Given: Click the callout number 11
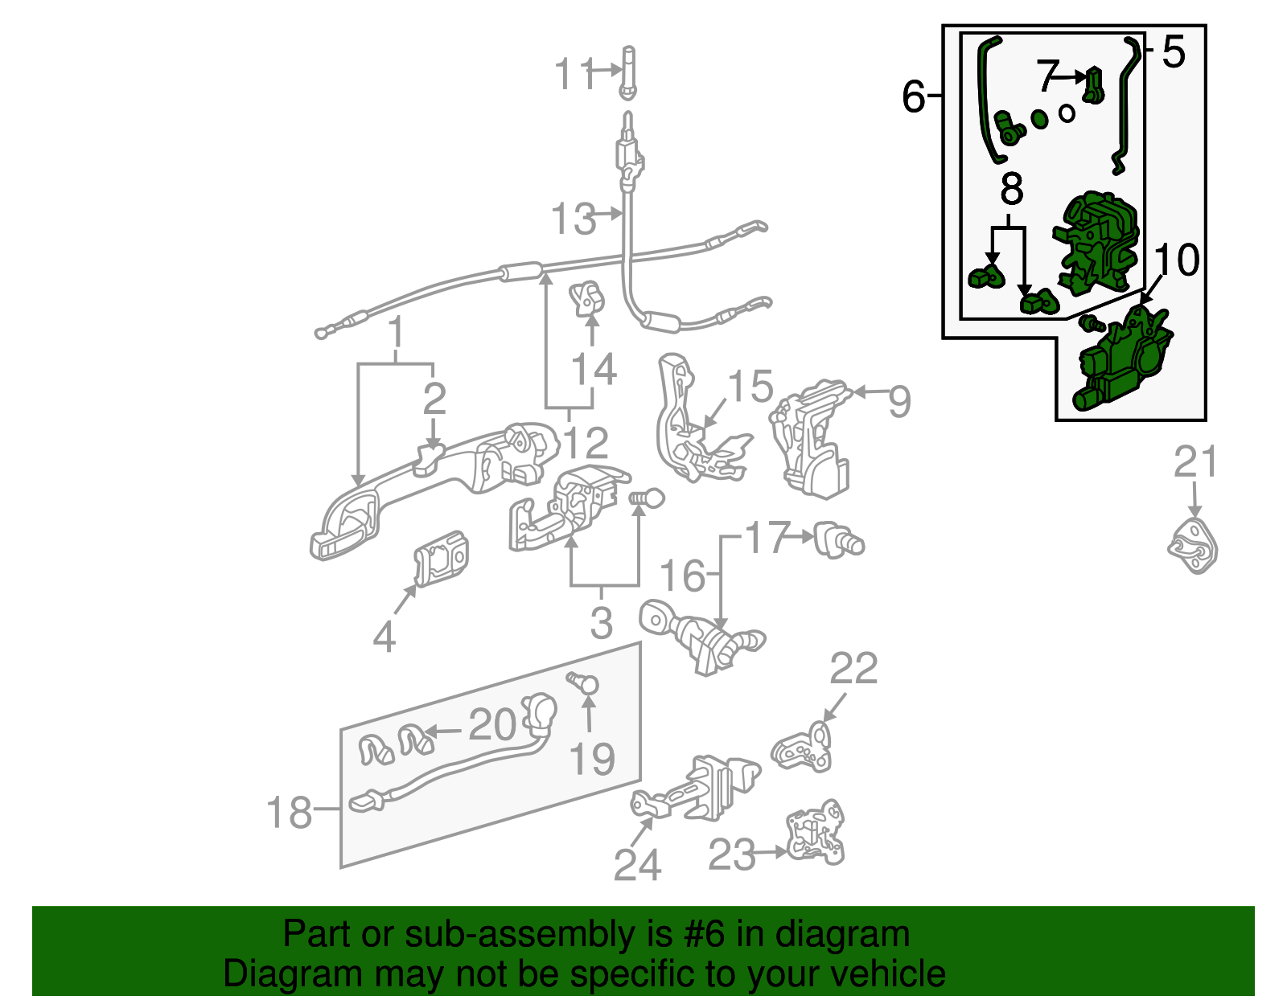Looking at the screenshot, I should (574, 74).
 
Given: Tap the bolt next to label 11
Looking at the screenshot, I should (627, 72).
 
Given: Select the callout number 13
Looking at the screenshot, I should (574, 219).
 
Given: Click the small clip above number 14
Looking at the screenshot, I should (588, 299).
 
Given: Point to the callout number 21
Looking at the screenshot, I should (1195, 462).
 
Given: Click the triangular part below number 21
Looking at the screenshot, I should (1193, 546).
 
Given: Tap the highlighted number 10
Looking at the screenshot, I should (1177, 259).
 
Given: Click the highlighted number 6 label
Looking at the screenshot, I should (914, 96).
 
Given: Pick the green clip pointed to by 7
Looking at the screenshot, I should (1092, 85).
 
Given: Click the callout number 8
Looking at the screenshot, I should (1011, 189).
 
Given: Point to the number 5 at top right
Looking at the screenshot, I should (1174, 51).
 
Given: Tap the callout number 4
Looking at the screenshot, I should (384, 637).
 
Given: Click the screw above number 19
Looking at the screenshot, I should (584, 683).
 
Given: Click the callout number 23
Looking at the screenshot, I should (732, 854).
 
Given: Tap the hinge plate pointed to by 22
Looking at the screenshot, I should (803, 748).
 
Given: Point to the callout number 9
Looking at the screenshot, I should (899, 400).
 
